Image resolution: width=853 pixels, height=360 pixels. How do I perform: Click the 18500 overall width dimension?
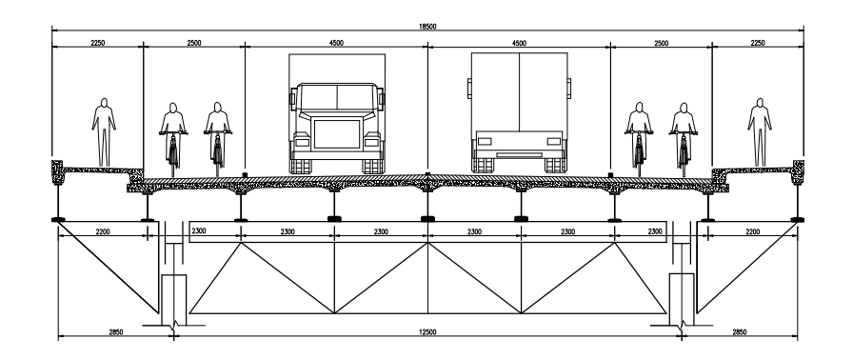pos(427,27)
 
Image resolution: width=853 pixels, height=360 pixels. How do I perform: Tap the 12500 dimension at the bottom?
pos(427,332)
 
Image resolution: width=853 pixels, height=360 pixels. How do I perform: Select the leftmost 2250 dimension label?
pos(98,43)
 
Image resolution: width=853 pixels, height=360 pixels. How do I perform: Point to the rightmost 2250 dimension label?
pos(757,43)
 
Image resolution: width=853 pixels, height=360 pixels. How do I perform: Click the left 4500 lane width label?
pos(336,43)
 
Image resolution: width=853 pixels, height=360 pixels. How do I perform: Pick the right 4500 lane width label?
pos(519,43)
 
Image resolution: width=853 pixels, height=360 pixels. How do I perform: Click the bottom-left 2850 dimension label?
pos(116,332)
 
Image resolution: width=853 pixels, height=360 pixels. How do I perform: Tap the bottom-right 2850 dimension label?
pos(740,332)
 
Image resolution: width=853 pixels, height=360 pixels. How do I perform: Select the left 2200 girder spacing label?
pos(102,232)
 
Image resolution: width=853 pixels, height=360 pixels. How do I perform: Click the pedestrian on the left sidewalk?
pos(104,132)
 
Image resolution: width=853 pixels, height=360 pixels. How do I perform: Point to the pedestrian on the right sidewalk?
pos(760,132)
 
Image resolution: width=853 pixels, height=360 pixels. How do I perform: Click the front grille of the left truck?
pos(337,133)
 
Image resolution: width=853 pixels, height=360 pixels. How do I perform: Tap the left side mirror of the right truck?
pos(469,89)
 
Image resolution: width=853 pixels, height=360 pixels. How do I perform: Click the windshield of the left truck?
pos(337,97)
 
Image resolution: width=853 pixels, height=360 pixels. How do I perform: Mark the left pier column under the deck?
pos(174,299)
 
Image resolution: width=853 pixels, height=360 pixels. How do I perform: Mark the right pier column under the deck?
pos(682,299)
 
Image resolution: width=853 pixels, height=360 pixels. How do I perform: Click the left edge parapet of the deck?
pos(58,171)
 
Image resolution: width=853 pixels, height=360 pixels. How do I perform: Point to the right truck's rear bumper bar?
pos(519,155)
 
